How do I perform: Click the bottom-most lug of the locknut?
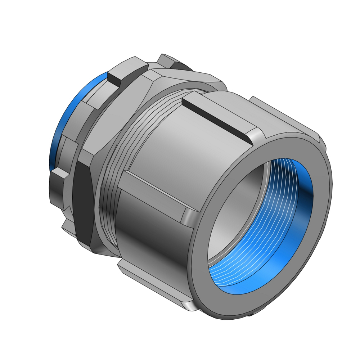pyautogui.click(x=68, y=227)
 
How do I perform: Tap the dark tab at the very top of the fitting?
pyautogui.click(x=173, y=61)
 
